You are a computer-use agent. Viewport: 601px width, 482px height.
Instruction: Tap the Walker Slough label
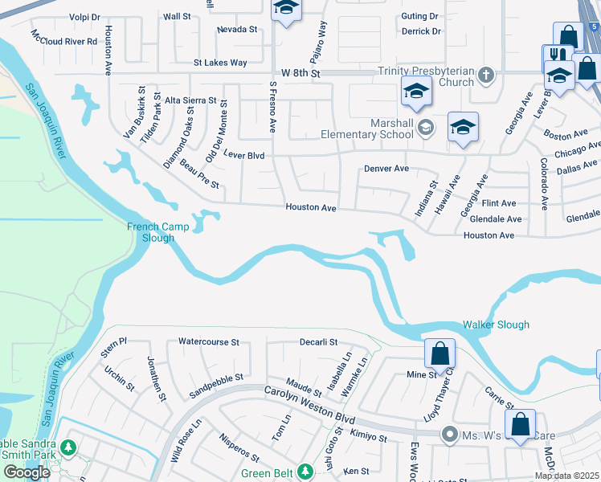pyautogui.click(x=496, y=325)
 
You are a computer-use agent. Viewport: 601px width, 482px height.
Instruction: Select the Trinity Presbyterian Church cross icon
pyautogui.click(x=484, y=76)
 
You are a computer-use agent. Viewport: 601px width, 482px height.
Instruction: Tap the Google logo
pyautogui.click(x=27, y=472)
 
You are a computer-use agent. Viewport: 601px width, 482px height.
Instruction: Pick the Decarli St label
pyautogui.click(x=318, y=342)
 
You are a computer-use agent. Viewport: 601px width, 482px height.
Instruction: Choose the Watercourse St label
pyautogui.click(x=209, y=342)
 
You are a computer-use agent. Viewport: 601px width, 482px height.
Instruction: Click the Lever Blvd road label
pyautogui.click(x=243, y=153)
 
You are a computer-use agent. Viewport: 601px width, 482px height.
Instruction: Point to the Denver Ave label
pyautogui.click(x=386, y=169)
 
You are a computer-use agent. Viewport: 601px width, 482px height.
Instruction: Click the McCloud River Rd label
pyautogui.click(x=64, y=37)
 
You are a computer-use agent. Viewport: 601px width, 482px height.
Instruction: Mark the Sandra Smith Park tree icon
pyautogui.click(x=68, y=447)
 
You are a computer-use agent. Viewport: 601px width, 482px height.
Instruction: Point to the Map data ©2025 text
pyautogui.click(x=566, y=476)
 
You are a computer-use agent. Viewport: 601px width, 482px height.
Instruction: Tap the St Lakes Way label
pyautogui.click(x=220, y=62)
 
